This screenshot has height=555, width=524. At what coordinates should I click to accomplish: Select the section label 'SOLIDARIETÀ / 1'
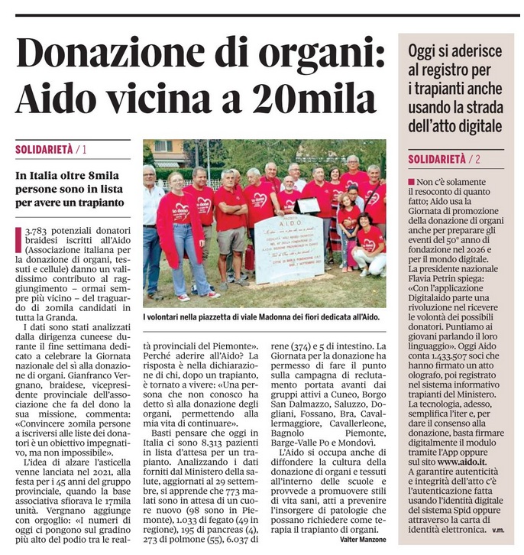pyautogui.click(x=50, y=150)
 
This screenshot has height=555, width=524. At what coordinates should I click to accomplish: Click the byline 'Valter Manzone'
pyautogui.click(x=363, y=540)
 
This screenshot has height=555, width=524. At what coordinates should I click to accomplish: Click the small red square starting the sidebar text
pyautogui.click(x=412, y=182)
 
